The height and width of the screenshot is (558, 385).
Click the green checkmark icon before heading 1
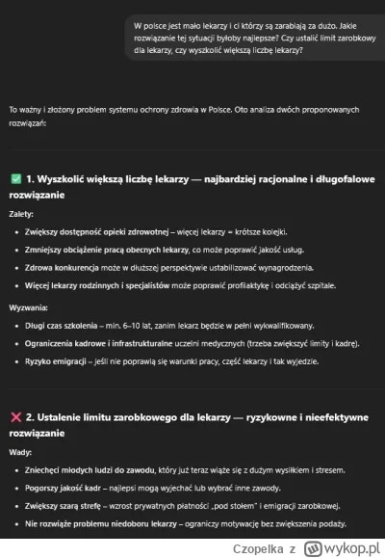click(14, 179)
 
